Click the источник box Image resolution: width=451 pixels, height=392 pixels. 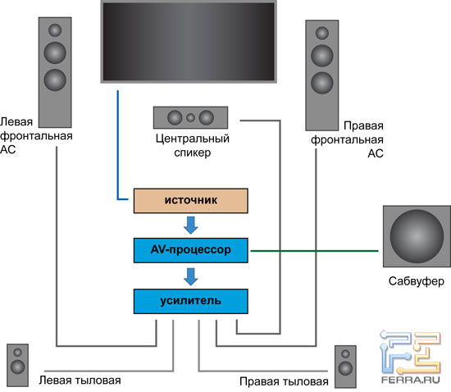click(191, 201)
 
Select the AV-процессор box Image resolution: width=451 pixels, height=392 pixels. click(191, 250)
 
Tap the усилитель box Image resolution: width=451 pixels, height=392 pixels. click(191, 301)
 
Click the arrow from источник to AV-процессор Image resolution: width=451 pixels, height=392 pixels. click(191, 226)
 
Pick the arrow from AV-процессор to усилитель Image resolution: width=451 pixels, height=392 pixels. click(191, 276)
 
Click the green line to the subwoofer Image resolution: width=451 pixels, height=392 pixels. click(314, 251)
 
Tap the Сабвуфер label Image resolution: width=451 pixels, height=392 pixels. click(417, 281)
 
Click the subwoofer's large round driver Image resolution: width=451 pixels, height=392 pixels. click(417, 236)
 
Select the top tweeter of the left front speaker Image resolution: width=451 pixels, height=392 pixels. click(55, 30)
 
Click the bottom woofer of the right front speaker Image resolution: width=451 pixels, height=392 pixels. click(322, 83)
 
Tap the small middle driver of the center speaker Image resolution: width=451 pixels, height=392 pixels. click(190, 117)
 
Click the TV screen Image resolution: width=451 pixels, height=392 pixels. click(189, 42)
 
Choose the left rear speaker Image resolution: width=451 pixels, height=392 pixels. click(17, 365)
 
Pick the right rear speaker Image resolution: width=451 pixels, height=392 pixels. click(345, 367)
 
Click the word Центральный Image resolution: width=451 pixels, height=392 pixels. click(193, 139)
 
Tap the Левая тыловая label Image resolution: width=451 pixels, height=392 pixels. click(80, 381)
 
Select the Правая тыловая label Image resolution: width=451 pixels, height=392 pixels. click(284, 381)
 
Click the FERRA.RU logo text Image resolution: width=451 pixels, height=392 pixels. click(411, 380)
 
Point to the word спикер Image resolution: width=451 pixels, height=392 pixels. click(193, 153)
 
